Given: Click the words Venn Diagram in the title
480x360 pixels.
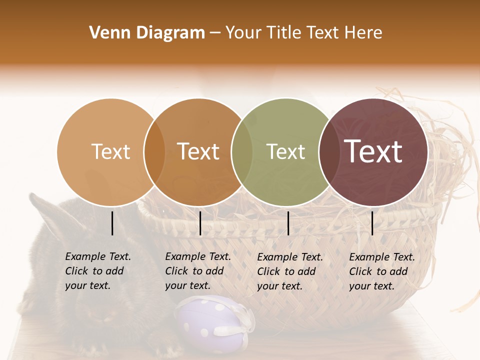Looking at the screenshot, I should click(x=147, y=33).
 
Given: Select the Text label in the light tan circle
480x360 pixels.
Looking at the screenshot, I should click(x=110, y=151).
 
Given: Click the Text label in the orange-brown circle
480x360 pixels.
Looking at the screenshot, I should click(x=198, y=151).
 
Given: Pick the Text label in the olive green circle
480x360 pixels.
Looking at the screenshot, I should click(x=285, y=151).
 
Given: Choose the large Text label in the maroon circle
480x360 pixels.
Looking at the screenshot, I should click(x=373, y=151).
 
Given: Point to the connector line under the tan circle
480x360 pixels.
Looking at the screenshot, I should click(x=112, y=223).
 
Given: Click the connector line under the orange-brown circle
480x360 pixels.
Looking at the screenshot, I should click(x=200, y=223).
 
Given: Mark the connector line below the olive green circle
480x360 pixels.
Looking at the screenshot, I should click(x=288, y=223).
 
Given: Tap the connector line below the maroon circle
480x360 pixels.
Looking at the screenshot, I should click(x=372, y=223).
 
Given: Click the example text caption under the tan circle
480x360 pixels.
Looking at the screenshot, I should click(x=98, y=271).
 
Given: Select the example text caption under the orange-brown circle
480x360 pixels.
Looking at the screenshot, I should click(x=198, y=271).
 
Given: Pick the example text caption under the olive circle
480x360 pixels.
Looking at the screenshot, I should click(x=290, y=271).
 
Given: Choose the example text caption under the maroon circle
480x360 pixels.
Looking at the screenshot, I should click(x=382, y=271).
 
